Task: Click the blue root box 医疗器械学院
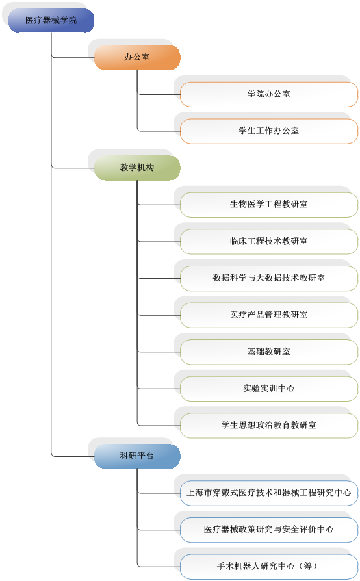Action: tap(51, 20)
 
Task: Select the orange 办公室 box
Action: tap(137, 57)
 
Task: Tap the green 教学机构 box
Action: tap(137, 168)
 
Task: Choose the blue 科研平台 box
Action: tap(137, 456)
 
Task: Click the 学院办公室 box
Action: tap(269, 94)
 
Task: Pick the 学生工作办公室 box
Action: tap(269, 131)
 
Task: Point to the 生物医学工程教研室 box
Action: tap(269, 205)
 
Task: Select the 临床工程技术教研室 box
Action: tap(269, 241)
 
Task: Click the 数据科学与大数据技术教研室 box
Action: tap(269, 278)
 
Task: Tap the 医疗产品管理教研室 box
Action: tap(269, 315)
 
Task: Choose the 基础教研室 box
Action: tap(269, 352)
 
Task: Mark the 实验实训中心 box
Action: tap(269, 389)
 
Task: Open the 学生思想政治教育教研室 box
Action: tap(269, 426)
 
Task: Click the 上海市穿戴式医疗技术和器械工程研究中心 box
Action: tap(269, 493)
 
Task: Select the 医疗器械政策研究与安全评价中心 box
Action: tap(269, 530)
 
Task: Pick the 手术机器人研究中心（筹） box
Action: tap(269, 567)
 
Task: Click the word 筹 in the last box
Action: tap(308, 566)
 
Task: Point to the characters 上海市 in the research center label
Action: tap(199, 493)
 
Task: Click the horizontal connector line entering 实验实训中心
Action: tap(159, 389)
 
